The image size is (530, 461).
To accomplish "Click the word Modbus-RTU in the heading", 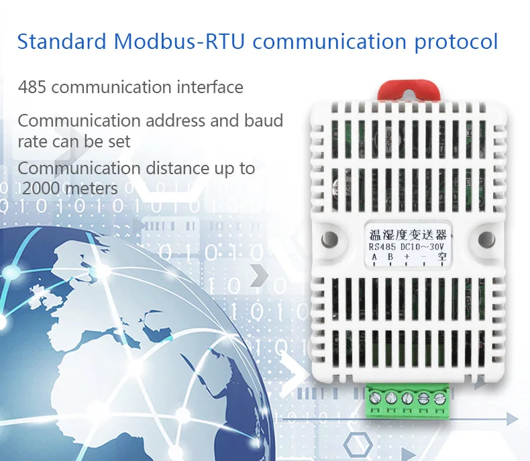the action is [x=179, y=41].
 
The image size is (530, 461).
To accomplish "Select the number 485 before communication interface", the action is [x=32, y=87].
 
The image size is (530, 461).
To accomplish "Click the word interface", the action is [x=210, y=86].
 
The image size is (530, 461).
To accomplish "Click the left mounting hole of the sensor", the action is [x=329, y=239].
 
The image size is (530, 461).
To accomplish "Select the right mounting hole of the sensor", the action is [x=487, y=239].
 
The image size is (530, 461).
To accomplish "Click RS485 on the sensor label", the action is [x=382, y=247].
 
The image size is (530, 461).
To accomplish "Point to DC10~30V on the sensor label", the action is [x=422, y=247].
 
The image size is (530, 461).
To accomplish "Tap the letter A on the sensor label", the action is [x=374, y=257].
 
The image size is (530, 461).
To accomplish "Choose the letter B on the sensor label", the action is [x=390, y=257].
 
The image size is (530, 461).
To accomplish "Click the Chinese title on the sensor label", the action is [x=408, y=235].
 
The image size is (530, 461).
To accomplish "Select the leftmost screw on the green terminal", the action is [x=375, y=399].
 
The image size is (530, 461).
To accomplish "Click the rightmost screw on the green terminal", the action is [x=439, y=399].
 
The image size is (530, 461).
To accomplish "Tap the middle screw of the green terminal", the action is [x=407, y=399].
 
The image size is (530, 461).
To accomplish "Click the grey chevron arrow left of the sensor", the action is [x=259, y=275].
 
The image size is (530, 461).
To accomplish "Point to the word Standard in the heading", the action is [x=62, y=41].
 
